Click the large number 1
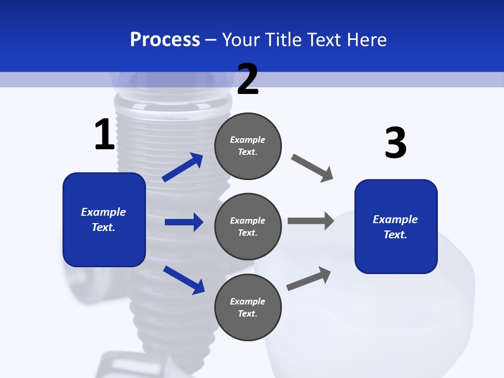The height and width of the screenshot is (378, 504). click(x=104, y=134)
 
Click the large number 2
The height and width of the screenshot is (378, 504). click(x=248, y=79)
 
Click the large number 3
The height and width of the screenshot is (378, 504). click(x=395, y=143)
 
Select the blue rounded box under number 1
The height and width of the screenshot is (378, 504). click(x=104, y=219)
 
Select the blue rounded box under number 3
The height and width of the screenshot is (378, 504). click(x=396, y=227)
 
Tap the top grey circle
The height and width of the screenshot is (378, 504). click(x=248, y=146)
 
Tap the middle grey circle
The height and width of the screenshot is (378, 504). click(x=248, y=226)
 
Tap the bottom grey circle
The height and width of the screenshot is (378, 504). click(x=248, y=307)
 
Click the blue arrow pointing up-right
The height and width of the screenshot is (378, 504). click(x=183, y=167)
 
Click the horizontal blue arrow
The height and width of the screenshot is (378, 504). click(x=184, y=222)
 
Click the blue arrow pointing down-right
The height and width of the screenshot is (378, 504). click(x=184, y=279)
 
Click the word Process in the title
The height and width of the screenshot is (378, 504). click(x=165, y=39)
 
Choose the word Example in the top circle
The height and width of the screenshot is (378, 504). click(x=248, y=140)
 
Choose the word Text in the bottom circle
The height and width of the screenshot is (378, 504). click(x=246, y=313)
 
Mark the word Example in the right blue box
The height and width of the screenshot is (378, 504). click(x=395, y=219)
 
